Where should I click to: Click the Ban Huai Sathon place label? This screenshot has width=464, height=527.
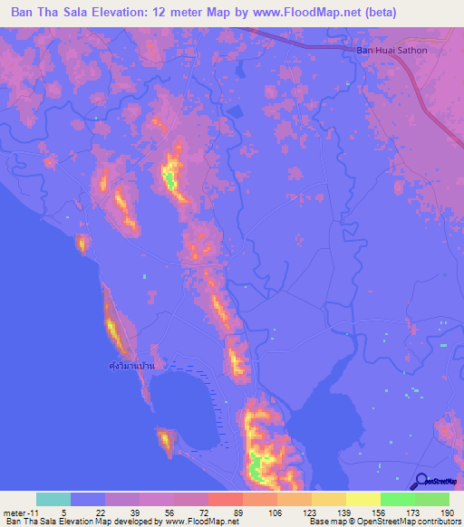(x=391, y=50)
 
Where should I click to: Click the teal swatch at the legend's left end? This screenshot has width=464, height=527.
(x=53, y=499)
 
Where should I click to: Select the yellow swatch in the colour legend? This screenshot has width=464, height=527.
(x=362, y=499)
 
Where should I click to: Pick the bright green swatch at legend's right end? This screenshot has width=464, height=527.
(x=431, y=499)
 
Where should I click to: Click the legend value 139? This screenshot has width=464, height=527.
(x=329, y=513)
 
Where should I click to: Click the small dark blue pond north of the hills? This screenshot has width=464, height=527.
(x=234, y=111)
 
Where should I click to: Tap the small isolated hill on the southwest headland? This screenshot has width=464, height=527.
(x=166, y=441)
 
